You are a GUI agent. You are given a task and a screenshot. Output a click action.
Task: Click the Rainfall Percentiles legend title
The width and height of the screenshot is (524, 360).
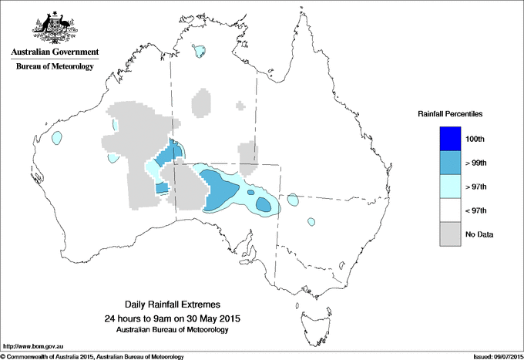coord(450,113)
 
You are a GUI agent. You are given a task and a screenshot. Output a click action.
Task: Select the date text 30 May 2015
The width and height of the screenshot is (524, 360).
coord(213,318)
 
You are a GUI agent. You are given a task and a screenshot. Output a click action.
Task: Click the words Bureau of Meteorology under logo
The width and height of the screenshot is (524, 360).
coord(55,67)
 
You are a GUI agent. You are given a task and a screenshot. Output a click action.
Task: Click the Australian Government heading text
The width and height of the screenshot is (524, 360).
coord(55,52)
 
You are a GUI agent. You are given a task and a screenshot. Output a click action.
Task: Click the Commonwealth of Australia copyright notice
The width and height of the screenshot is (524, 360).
coord(92,356)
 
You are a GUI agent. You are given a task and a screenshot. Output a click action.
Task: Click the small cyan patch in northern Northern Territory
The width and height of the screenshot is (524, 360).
coord(200,52)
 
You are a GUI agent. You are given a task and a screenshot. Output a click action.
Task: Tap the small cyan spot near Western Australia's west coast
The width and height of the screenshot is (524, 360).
coord(56,139)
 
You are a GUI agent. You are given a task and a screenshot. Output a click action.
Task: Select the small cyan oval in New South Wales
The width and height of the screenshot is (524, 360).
coord(311,222)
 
